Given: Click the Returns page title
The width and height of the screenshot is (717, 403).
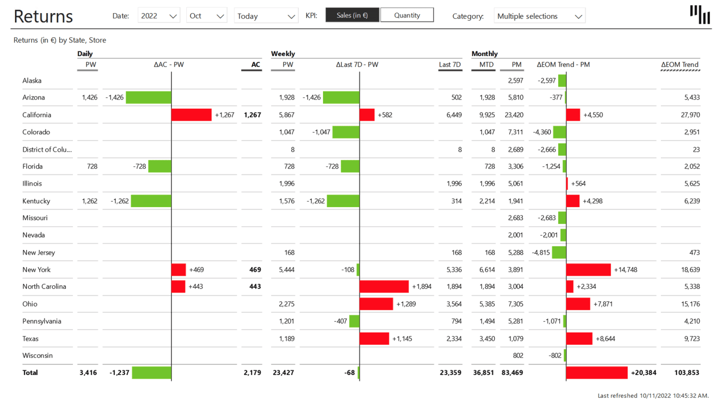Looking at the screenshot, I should [43, 16].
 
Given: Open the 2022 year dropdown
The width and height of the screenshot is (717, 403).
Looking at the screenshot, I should [159, 16].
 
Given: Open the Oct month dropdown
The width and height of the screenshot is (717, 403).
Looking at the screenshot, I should [206, 16].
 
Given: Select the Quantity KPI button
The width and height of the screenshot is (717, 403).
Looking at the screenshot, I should [407, 15].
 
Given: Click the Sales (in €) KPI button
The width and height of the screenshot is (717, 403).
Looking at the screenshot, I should [352, 15].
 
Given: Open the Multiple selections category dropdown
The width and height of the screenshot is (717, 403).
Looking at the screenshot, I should [539, 16].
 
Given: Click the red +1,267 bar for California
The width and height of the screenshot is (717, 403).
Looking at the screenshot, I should [191, 115].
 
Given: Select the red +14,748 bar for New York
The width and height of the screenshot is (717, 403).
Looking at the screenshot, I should [588, 270].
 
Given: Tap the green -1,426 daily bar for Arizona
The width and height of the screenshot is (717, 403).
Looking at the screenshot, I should [148, 97].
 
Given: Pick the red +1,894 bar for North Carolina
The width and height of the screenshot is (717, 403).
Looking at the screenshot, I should [384, 286].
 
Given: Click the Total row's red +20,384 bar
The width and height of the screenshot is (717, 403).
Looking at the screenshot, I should [597, 373].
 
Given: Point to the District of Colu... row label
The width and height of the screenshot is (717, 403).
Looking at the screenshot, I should [47, 149].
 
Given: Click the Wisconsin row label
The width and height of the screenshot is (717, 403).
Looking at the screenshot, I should [37, 355].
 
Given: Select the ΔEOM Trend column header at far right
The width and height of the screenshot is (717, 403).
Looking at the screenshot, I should [680, 64].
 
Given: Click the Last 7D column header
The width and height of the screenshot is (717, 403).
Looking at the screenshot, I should [450, 64].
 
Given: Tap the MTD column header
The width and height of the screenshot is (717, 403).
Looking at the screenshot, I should [486, 64].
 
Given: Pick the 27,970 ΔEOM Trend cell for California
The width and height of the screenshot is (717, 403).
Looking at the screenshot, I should [690, 115].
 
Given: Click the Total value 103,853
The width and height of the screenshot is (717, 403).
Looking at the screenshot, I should [686, 373].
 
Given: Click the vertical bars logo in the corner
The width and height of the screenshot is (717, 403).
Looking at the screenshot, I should [700, 14].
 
